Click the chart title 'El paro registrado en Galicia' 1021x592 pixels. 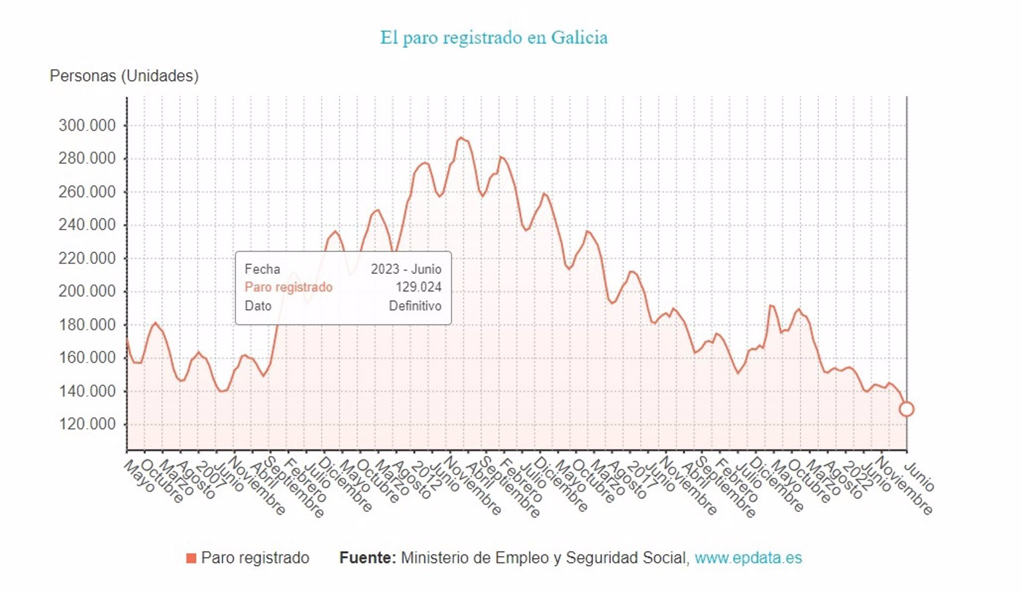[493, 38]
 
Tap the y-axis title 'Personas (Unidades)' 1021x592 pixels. [124, 76]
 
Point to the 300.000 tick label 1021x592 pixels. [87, 126]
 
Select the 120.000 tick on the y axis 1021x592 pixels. [87, 424]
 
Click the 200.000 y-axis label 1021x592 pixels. [87, 291]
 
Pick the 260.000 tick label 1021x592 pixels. [87, 191]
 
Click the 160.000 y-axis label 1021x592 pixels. [87, 357]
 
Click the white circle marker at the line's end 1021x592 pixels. [906, 409]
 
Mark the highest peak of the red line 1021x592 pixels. [461, 138]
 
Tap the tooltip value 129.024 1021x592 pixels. [418, 287]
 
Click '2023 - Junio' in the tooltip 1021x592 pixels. [406, 269]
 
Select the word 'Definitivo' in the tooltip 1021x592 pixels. [415, 306]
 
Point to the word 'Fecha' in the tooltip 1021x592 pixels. [262, 269]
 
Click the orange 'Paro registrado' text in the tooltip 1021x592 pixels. [288, 287]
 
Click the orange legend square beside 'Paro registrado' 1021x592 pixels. [191, 558]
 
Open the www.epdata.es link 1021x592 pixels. [748, 557]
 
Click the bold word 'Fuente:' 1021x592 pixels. [367, 557]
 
